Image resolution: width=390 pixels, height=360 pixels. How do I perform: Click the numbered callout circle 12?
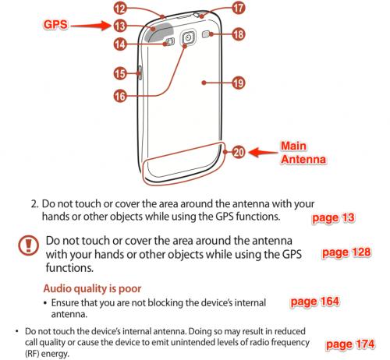(120, 8)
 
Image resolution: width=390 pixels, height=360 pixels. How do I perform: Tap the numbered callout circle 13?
(120, 26)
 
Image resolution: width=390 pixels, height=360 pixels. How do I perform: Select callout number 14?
(120, 44)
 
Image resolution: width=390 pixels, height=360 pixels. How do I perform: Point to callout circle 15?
(120, 73)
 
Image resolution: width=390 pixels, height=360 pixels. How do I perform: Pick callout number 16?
(120, 96)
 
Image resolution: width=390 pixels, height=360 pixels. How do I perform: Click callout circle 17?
(238, 8)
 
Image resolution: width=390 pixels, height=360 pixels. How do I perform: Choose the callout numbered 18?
(238, 34)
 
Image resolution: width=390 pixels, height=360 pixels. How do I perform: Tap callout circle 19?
(238, 83)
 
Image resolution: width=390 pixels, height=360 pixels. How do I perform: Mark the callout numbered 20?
(238, 152)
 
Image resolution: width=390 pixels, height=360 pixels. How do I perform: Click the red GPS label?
(55, 25)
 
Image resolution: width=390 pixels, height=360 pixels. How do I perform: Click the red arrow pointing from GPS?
(90, 26)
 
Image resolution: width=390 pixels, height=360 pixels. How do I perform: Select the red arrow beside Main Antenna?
(263, 152)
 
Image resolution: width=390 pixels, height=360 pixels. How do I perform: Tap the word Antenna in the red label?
(303, 159)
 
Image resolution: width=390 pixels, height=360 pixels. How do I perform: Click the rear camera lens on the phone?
(188, 38)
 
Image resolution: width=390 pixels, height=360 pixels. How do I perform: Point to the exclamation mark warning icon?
(29, 245)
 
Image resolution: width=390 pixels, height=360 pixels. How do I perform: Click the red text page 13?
(333, 218)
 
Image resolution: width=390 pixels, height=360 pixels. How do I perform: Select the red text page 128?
(346, 252)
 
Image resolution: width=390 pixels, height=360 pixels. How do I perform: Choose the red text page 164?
(315, 302)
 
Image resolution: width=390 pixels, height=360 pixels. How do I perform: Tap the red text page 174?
(350, 344)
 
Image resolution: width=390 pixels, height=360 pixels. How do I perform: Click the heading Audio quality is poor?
(92, 288)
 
